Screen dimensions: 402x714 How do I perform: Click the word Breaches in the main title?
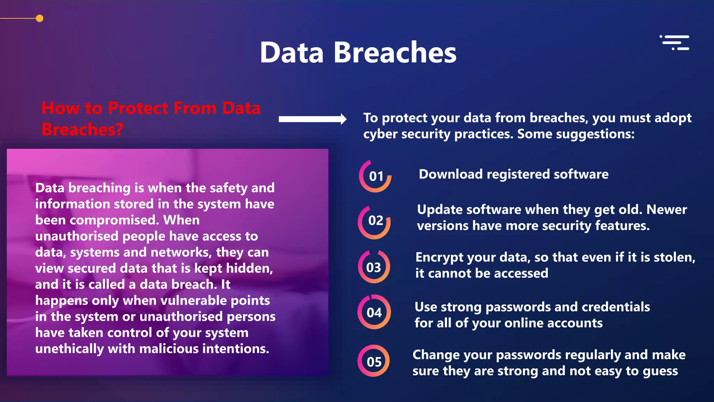(x=395, y=53)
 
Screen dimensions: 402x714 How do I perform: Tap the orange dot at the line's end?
(x=40, y=18)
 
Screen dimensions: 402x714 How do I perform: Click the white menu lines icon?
(x=675, y=43)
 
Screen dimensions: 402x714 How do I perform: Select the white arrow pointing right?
(x=312, y=119)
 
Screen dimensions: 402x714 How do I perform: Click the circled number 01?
(x=375, y=176)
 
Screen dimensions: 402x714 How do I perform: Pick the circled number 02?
(x=375, y=221)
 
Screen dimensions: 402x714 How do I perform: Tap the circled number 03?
(x=374, y=267)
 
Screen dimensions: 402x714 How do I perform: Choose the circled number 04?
(x=374, y=312)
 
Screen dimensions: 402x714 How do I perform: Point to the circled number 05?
(x=374, y=362)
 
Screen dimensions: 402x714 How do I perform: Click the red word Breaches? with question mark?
(x=83, y=129)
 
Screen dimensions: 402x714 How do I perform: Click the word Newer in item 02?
(x=666, y=210)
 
